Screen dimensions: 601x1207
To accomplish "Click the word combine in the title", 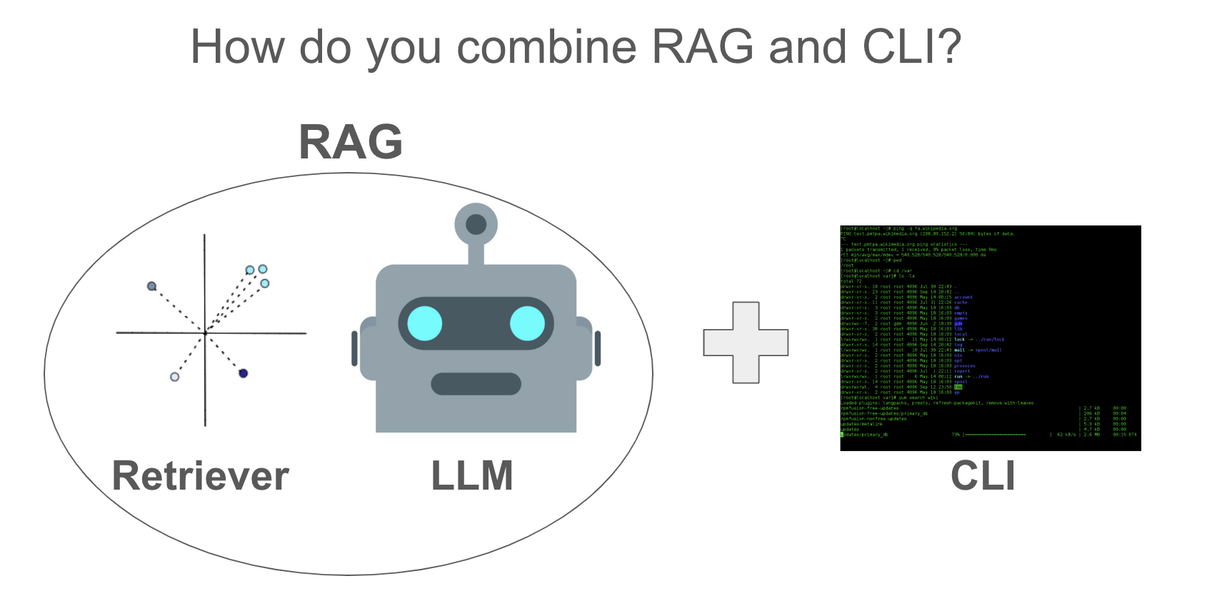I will (546, 47).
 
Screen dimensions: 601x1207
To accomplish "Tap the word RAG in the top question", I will (703, 47).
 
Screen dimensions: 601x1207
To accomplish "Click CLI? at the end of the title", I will (912, 47).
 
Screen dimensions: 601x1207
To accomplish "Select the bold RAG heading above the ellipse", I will (351, 142).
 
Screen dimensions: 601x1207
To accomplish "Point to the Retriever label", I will (201, 476).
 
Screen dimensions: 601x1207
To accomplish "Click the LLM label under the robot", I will (472, 476).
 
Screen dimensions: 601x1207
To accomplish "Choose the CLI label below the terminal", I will (983, 476).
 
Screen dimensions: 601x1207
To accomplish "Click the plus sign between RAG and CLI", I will (746, 343).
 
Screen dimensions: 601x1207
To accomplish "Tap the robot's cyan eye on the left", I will (425, 323).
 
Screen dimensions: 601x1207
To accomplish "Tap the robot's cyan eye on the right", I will (527, 323).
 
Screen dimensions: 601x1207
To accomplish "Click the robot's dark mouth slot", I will (476, 384).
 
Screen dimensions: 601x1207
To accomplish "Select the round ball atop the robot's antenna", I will (476, 225).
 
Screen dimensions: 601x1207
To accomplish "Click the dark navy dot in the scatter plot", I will (243, 373).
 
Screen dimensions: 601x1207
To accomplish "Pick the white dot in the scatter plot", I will (175, 376).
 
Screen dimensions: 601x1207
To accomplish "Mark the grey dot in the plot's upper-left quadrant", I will (151, 286).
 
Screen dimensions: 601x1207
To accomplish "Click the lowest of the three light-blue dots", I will (265, 283).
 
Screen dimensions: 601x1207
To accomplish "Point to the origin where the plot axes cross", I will (205, 333).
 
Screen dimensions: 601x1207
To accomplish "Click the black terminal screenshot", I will (990, 338).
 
